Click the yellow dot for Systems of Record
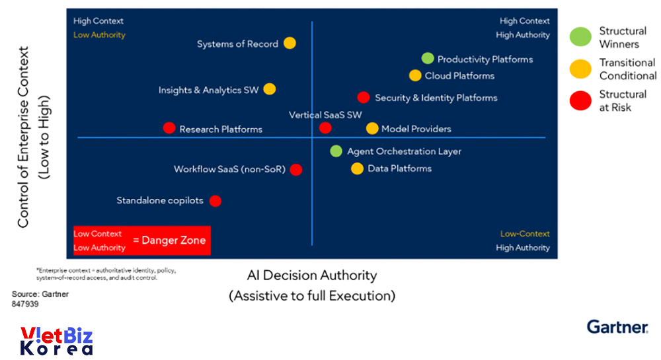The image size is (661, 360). click(x=290, y=43)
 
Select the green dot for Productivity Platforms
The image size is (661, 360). click(x=428, y=58)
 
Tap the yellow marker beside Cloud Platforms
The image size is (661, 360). click(x=415, y=75)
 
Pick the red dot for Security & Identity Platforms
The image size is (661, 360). click(x=363, y=97)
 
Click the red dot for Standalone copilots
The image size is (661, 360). click(x=215, y=200)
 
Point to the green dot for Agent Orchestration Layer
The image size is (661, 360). click(x=336, y=151)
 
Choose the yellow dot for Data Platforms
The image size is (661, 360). click(x=357, y=168)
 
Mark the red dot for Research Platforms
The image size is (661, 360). click(x=169, y=128)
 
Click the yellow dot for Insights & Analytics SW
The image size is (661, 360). click(x=270, y=89)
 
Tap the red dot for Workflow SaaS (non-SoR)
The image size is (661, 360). click(x=296, y=169)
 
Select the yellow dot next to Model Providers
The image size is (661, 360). click(x=372, y=128)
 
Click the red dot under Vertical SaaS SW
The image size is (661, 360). click(x=325, y=127)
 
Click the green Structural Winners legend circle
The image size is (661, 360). click(x=580, y=38)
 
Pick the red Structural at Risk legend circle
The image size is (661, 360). click(x=580, y=100)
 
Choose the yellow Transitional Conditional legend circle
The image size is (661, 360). click(x=580, y=69)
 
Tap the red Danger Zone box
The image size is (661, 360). click(x=142, y=240)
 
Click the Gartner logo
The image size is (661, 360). click(x=617, y=327)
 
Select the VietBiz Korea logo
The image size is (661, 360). click(x=56, y=342)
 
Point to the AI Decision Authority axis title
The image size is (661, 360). click(x=312, y=275)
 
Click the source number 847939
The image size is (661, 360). click(x=25, y=305)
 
